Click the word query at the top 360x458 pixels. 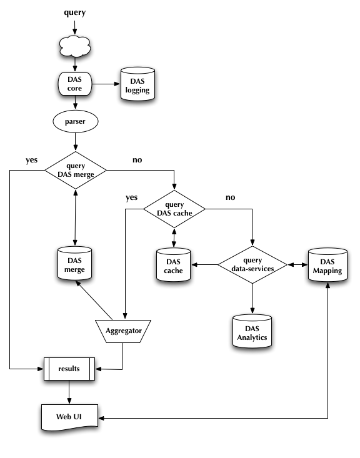point(75,12)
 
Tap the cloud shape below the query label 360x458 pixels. point(75,48)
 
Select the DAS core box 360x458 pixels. point(75,84)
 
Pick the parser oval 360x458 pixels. point(75,121)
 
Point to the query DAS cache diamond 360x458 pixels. point(174,209)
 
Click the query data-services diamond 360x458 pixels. point(252,265)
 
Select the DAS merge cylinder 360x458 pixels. point(75,265)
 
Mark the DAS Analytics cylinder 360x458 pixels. point(252,333)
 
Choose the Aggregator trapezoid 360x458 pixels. point(122,330)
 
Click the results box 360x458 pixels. point(68,369)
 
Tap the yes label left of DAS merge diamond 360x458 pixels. point(31,160)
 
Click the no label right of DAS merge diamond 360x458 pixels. point(136,160)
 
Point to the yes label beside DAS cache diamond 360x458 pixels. point(131,197)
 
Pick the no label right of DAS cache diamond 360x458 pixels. point(230,197)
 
